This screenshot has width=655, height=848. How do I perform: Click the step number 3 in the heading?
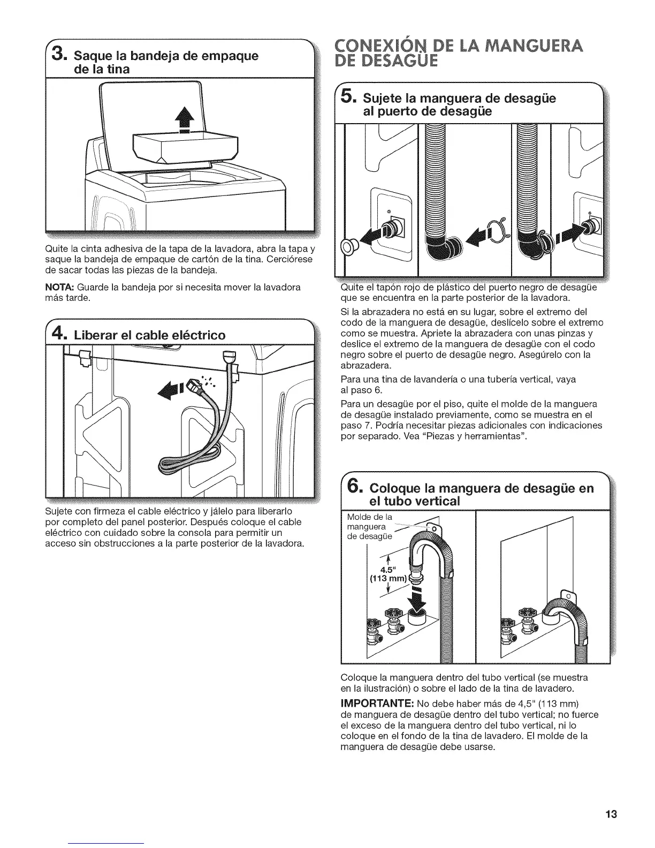click(x=59, y=55)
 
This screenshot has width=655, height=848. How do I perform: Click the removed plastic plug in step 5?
click(x=351, y=247)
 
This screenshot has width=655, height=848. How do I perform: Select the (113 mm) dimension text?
click(x=387, y=579)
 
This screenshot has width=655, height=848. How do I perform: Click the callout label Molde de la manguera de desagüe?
click(x=370, y=527)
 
